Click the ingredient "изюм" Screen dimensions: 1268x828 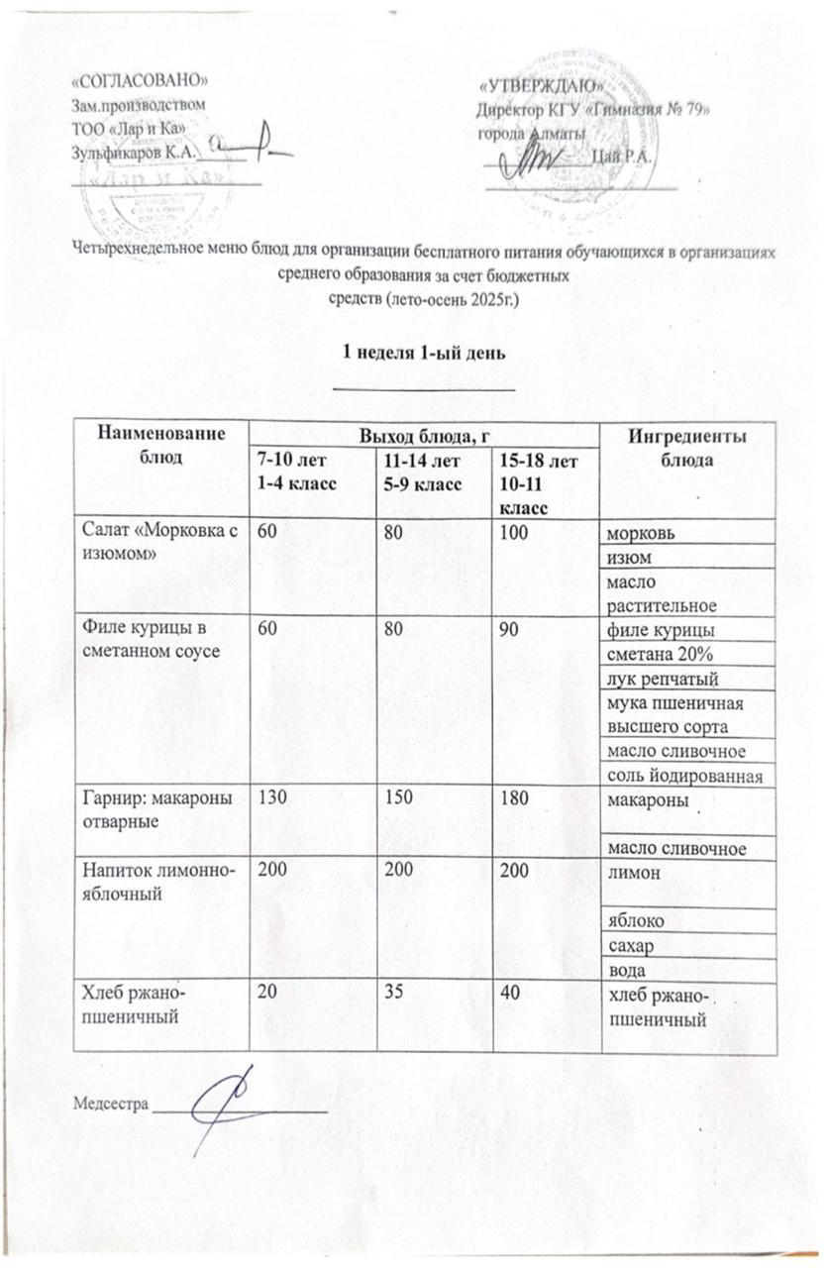(626, 560)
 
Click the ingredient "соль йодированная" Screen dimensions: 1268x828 (682, 776)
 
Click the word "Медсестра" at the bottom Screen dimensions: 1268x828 (109, 1103)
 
